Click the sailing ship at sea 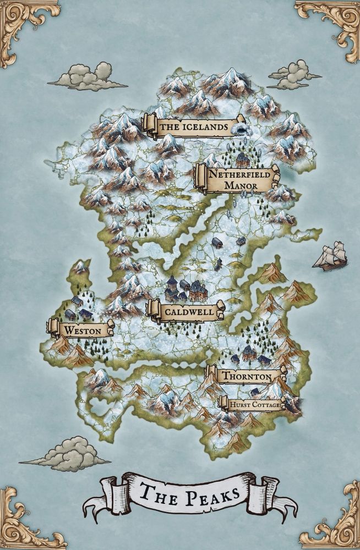pyautogui.click(x=331, y=256)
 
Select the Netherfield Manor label pyautogui.click(x=237, y=179)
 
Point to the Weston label pyautogui.click(x=81, y=329)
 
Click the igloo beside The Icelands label pyautogui.click(x=241, y=129)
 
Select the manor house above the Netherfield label pyautogui.click(x=243, y=160)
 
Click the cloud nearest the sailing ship pyautogui.click(x=294, y=75)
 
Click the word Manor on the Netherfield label pyautogui.click(x=241, y=186)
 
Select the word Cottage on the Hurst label pyautogui.click(x=268, y=405)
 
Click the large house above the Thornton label pyautogui.click(x=249, y=353)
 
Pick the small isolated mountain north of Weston pyautogui.click(x=80, y=268)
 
